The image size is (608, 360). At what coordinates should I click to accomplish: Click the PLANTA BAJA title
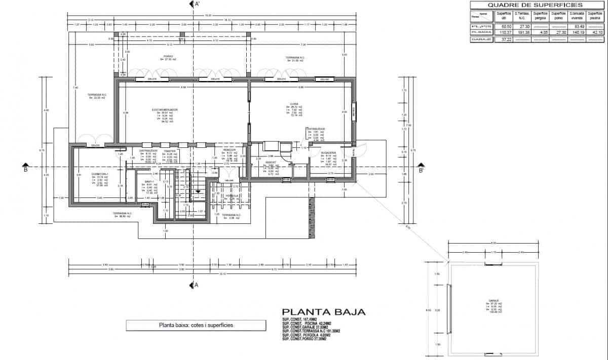tap(323, 312)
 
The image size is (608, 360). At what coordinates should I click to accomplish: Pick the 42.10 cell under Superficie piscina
tap(595, 32)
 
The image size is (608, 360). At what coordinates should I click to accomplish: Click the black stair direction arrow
tap(197, 190)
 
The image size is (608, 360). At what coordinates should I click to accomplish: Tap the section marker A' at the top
tap(193, 5)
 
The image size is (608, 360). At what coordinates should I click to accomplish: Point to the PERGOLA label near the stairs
tap(232, 195)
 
